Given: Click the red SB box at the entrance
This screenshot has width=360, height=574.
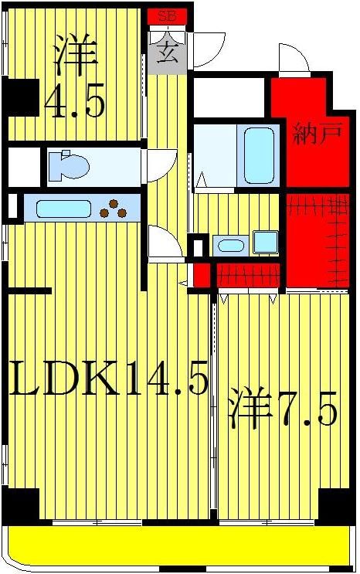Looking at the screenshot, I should (166, 15).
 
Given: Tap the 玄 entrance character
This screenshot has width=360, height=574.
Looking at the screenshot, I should (167, 53).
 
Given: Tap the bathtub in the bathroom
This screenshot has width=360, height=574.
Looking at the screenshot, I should (258, 155).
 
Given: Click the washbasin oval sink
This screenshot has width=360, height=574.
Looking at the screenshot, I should (229, 246).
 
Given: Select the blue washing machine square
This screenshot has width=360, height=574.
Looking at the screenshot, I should (265, 242).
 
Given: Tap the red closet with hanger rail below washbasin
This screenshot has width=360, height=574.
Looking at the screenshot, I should (247, 274).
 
